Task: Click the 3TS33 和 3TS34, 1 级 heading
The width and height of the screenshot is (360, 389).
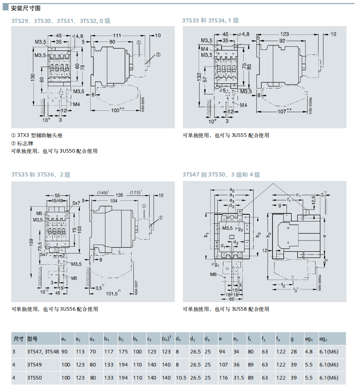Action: click(x=210, y=21)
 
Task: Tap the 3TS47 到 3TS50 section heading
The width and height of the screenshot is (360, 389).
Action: click(x=221, y=175)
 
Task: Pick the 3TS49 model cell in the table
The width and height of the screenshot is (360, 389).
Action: click(x=34, y=364)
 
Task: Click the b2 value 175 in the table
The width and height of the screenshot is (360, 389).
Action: click(x=123, y=351)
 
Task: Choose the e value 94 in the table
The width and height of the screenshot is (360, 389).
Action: click(x=222, y=351)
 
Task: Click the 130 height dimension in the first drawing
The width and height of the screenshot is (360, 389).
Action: click(x=32, y=77)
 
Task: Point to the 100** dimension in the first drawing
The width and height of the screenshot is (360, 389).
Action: click(x=118, y=110)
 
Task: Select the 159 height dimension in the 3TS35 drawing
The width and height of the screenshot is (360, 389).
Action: click(x=31, y=244)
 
